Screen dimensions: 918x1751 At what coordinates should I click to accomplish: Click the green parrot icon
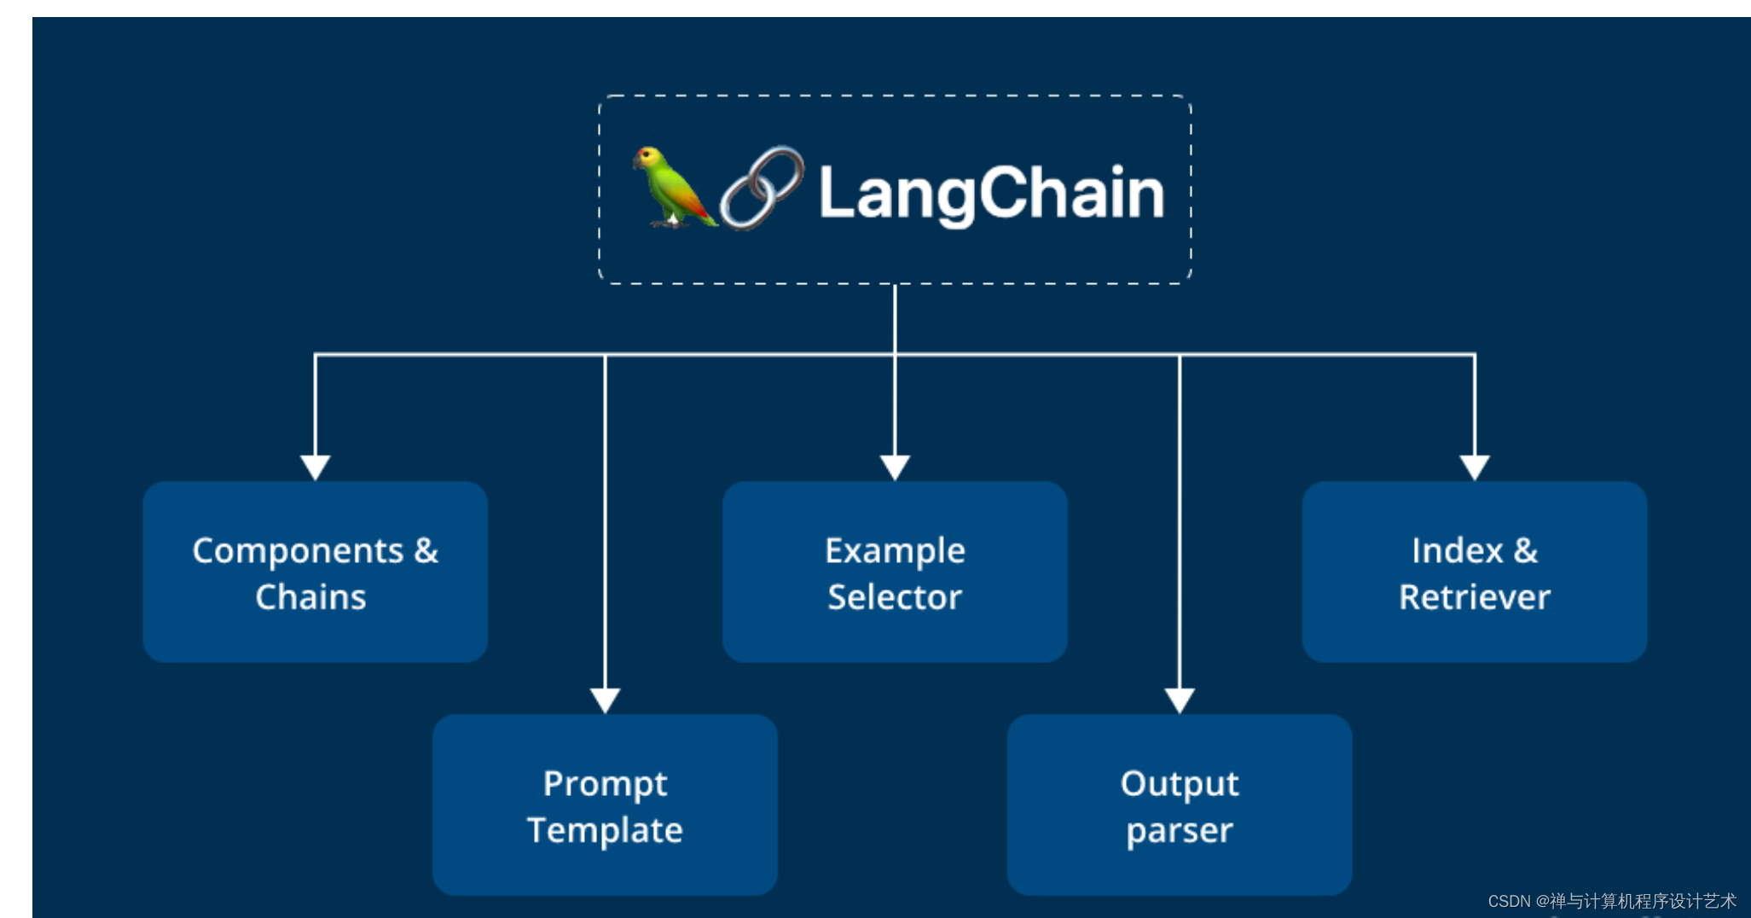pos(672,188)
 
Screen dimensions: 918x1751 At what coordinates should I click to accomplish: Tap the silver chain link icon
pos(762,189)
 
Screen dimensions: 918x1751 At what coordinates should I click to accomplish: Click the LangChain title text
pos(991,193)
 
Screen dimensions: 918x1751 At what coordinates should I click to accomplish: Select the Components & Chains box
pos(315,572)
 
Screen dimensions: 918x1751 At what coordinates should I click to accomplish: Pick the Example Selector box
pos(895,572)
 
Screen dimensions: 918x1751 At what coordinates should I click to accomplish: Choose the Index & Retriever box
pos(1474,572)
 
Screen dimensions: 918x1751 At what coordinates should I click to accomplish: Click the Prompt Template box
pos(605,805)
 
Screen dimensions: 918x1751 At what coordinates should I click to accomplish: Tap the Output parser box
pos(1179,805)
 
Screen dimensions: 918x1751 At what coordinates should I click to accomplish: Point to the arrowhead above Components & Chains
pos(316,467)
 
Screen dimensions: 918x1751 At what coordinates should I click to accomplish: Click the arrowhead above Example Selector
pos(895,467)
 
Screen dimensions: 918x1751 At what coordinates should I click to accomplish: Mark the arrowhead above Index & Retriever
pos(1475,467)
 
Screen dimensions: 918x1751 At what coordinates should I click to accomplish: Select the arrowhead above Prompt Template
pos(605,700)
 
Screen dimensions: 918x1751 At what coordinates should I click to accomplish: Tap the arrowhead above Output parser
pos(1180,700)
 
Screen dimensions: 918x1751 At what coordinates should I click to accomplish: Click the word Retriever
pos(1474,597)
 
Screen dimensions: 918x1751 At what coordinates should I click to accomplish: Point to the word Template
pos(605,830)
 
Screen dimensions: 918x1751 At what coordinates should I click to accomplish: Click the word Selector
pos(895,597)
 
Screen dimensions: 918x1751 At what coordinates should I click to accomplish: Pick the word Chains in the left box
pos(310,597)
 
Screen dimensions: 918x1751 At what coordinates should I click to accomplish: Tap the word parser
pos(1179,830)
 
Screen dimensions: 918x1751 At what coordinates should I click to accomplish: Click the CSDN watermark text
pos(1611,901)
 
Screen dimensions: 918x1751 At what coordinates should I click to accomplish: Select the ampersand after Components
pos(426,551)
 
